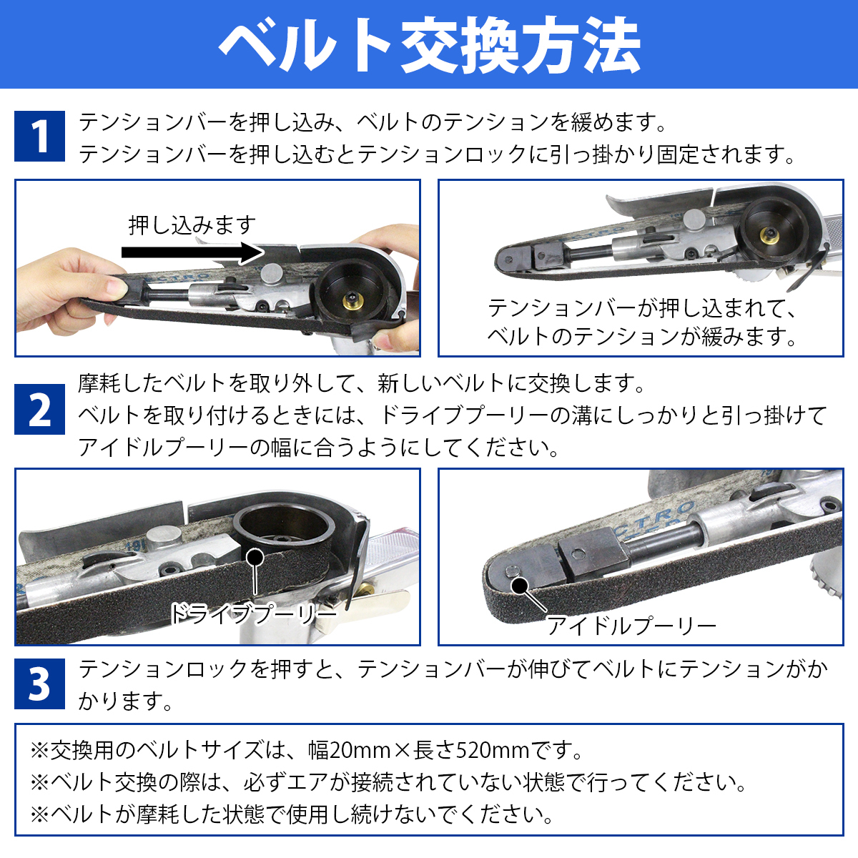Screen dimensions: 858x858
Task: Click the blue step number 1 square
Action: click(x=39, y=136)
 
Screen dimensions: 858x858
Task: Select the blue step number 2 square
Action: click(x=39, y=409)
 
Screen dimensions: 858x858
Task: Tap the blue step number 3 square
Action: click(x=39, y=684)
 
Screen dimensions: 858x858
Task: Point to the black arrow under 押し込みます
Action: click(x=193, y=252)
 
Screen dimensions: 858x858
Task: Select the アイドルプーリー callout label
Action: click(x=631, y=626)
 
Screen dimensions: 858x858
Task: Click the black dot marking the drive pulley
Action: click(x=255, y=558)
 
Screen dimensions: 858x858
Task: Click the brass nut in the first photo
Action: click(x=352, y=302)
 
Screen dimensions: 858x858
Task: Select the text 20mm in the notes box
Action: click(x=360, y=751)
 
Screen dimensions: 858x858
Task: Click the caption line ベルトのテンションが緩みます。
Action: click(x=641, y=336)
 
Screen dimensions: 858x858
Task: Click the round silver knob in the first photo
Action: click(x=272, y=273)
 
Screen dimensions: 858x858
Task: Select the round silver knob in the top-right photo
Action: click(x=694, y=220)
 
